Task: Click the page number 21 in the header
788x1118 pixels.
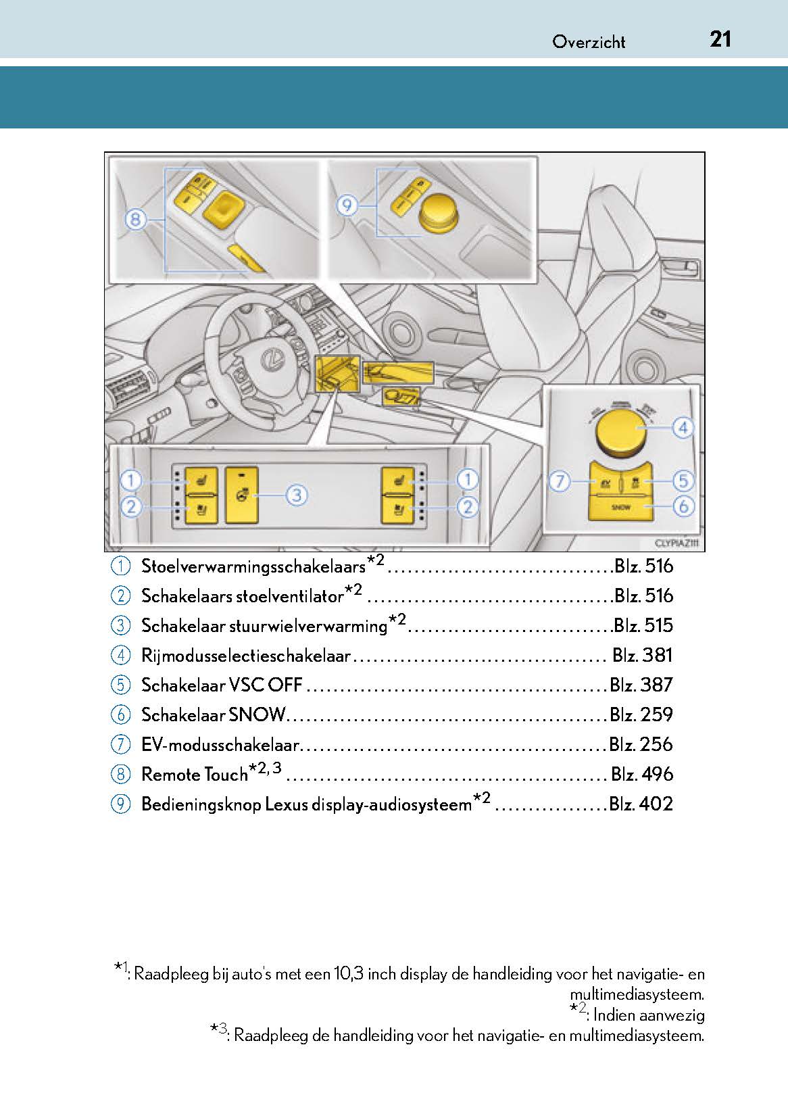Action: click(720, 39)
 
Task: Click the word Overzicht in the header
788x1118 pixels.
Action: click(589, 42)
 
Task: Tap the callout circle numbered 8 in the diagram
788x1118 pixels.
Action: click(136, 219)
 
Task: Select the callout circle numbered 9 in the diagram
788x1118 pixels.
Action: click(347, 204)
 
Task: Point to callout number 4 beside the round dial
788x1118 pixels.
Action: click(683, 427)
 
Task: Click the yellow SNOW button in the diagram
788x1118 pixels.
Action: click(620, 507)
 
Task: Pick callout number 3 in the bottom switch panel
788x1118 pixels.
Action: click(296, 495)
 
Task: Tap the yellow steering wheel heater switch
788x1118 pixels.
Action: click(241, 495)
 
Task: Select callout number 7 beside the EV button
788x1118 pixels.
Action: click(559, 482)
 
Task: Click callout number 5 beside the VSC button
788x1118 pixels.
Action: click(683, 481)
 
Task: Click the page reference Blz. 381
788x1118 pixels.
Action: click(642, 655)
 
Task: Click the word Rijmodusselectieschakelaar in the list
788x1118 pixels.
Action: click(246, 656)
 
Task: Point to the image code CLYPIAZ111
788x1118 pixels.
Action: click(676, 543)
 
